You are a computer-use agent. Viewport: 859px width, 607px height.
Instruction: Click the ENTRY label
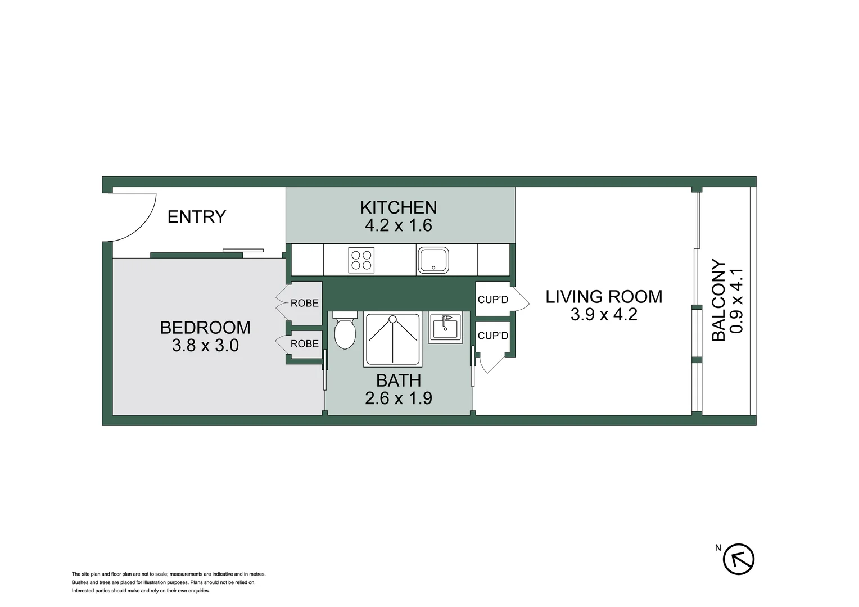(x=196, y=217)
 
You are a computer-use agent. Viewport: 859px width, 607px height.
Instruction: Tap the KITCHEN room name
(x=398, y=207)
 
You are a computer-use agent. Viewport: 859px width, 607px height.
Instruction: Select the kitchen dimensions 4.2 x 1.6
(x=398, y=225)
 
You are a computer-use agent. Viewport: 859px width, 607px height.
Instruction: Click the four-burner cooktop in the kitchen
(x=361, y=260)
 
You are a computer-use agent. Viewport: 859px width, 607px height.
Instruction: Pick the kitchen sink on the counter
(x=433, y=260)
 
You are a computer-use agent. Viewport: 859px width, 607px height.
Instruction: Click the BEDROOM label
(x=205, y=328)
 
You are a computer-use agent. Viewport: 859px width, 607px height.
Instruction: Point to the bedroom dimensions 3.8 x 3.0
(x=205, y=345)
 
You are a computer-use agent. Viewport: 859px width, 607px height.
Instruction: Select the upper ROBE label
(x=304, y=303)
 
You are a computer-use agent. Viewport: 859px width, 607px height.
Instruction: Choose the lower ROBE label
(x=304, y=344)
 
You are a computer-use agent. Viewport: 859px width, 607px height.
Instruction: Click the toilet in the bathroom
(x=345, y=332)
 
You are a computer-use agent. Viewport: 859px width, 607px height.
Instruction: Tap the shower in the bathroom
(x=392, y=339)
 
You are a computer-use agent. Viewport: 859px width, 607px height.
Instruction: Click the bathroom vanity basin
(x=445, y=327)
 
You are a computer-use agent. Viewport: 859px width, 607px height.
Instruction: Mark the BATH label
(x=398, y=380)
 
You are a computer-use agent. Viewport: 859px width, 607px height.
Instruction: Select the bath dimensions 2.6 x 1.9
(x=398, y=398)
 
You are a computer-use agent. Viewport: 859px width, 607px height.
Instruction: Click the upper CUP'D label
(x=492, y=300)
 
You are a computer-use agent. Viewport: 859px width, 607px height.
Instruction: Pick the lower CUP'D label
(x=492, y=336)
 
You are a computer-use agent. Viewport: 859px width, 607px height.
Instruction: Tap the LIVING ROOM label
(x=604, y=297)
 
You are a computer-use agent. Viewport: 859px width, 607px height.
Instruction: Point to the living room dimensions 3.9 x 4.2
(x=604, y=314)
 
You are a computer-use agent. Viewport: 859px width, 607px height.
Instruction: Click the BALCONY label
(x=718, y=300)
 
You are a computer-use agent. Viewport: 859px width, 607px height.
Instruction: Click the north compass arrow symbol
(x=738, y=559)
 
